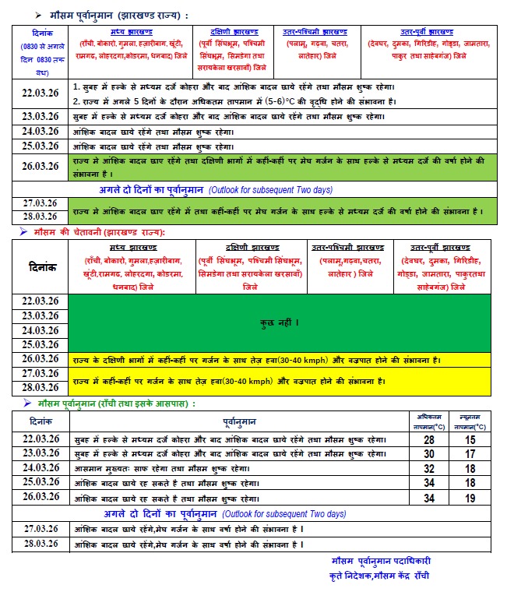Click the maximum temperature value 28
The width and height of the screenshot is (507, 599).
[429, 440]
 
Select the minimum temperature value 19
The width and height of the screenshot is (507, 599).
[470, 499]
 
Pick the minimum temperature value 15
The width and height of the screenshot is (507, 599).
[470, 440]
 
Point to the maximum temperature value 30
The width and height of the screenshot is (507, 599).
[429, 455]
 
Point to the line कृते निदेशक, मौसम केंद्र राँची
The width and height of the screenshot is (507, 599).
[378, 576]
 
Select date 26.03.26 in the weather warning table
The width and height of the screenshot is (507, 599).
[40, 359]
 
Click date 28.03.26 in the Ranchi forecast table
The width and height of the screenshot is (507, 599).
[40, 543]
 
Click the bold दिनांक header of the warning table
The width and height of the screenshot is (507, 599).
[40, 266]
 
